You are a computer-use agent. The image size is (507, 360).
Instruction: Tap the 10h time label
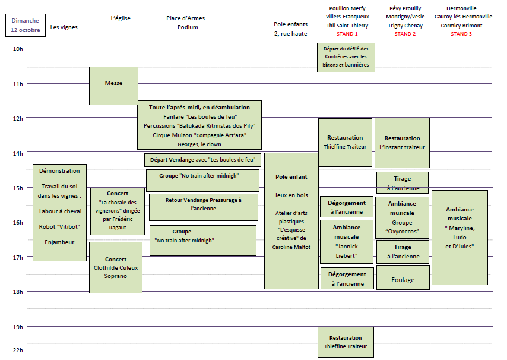tap(18, 49)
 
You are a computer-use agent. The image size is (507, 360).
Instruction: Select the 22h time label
tap(18, 350)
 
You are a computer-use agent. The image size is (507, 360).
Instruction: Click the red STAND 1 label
tap(347, 34)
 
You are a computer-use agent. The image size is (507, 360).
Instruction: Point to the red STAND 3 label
tap(461, 34)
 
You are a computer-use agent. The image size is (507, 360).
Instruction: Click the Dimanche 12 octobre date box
tap(25, 25)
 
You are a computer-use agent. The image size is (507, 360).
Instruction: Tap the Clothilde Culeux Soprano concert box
tap(116, 267)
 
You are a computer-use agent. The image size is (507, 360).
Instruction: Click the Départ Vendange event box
tap(202, 160)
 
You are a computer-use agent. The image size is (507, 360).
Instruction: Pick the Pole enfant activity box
tap(291, 220)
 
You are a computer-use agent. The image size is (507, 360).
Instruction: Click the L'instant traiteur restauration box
tap(403, 143)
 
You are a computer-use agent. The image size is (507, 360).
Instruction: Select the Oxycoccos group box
tap(402, 217)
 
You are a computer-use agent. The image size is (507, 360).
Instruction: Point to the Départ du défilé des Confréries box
tap(346, 57)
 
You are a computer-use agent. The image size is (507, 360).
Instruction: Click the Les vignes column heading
tap(64, 27)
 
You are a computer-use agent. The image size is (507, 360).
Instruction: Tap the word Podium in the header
tap(188, 27)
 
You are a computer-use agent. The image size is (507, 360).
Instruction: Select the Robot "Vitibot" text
tap(59, 226)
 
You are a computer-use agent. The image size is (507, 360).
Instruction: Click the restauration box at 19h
tap(346, 342)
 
